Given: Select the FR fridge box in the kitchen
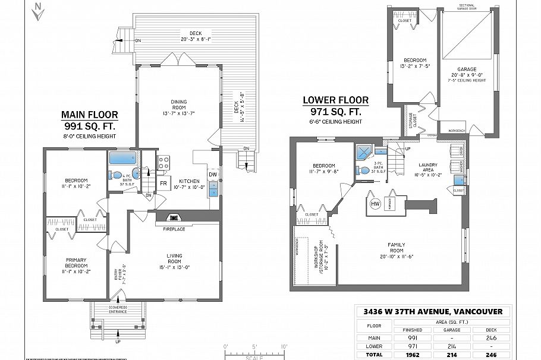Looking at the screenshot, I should (163, 183).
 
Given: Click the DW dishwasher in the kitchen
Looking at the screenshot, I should (212, 173).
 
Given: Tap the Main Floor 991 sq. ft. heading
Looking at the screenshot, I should (90, 121).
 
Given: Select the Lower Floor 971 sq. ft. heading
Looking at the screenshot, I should (335, 106).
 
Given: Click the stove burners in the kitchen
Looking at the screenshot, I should (164, 162).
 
